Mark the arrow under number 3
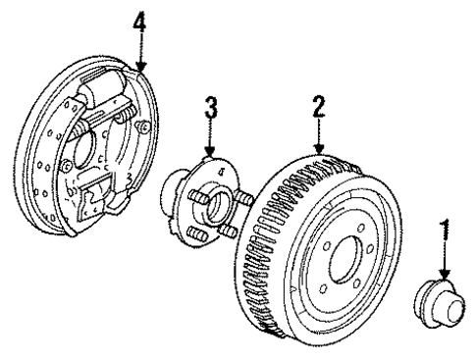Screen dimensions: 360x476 (x=209, y=139)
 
